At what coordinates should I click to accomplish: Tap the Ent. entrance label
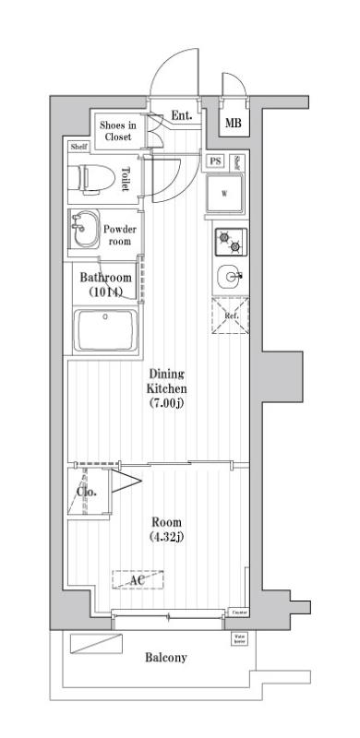182,116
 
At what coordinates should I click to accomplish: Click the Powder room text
119,235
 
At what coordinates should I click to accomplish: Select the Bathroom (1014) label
104,283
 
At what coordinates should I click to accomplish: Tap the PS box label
215,161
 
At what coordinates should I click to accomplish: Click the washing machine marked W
224,194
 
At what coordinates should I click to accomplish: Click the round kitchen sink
229,276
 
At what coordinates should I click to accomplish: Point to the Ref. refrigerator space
230,315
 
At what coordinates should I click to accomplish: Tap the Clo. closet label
89,492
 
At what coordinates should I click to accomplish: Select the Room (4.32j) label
167,528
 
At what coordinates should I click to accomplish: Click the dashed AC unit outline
138,579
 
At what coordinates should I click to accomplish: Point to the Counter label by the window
238,613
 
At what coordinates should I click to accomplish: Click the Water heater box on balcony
238,637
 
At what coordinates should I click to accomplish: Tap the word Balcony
166,658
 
